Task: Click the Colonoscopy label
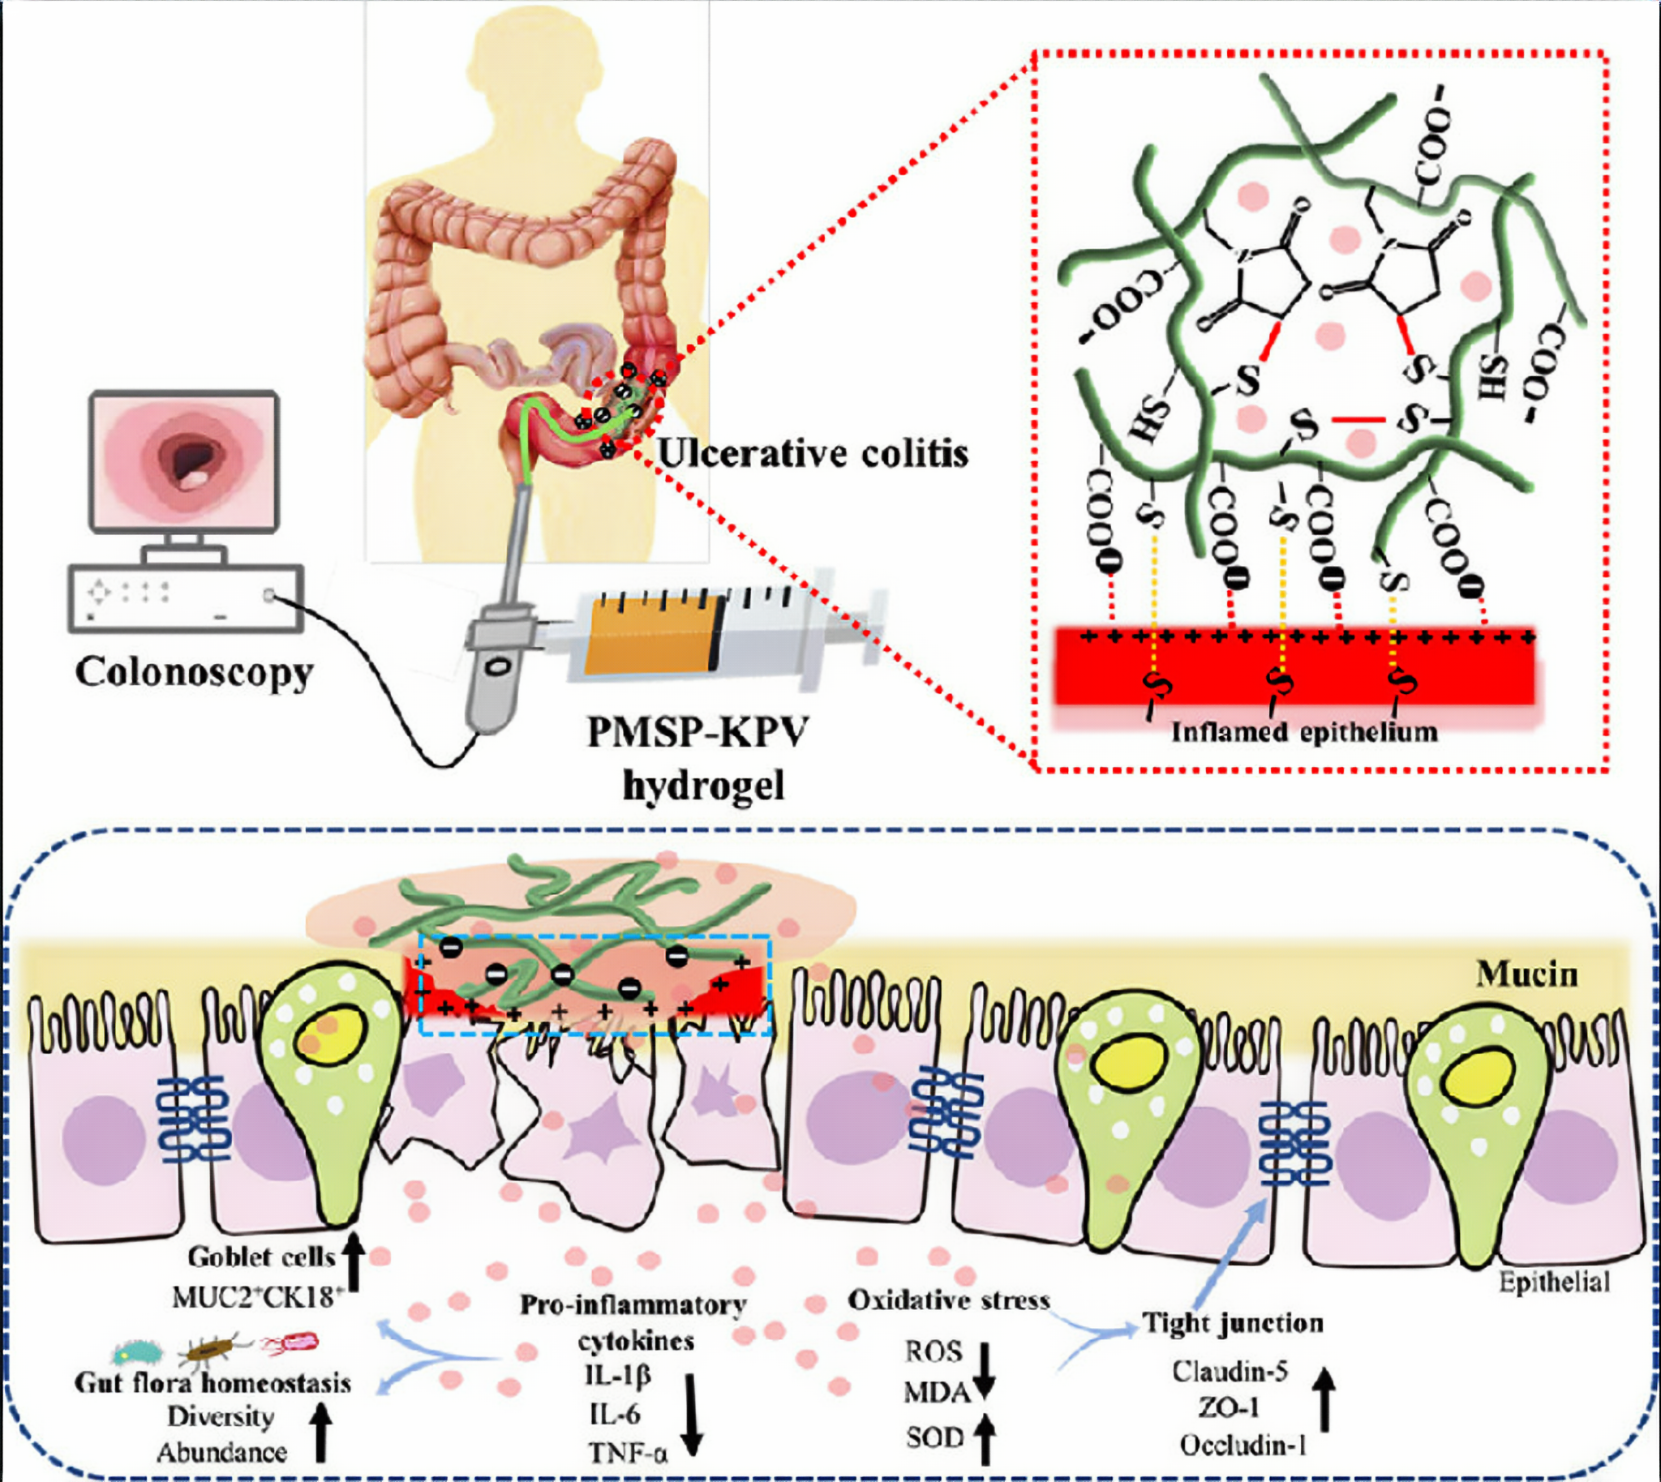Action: (194, 673)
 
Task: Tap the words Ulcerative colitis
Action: (812, 453)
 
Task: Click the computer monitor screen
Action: (184, 460)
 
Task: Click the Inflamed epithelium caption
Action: (1304, 732)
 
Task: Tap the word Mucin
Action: (1526, 974)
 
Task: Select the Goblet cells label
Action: (260, 1257)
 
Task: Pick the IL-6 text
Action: (614, 1415)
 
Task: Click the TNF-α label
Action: (627, 1452)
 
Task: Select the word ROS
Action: (934, 1351)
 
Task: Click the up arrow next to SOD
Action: (984, 1438)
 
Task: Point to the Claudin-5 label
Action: (1230, 1371)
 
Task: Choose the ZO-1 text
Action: (1229, 1407)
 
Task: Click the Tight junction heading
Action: (1232, 1322)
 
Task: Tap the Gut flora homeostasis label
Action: (212, 1382)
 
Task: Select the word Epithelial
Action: (1554, 1283)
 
